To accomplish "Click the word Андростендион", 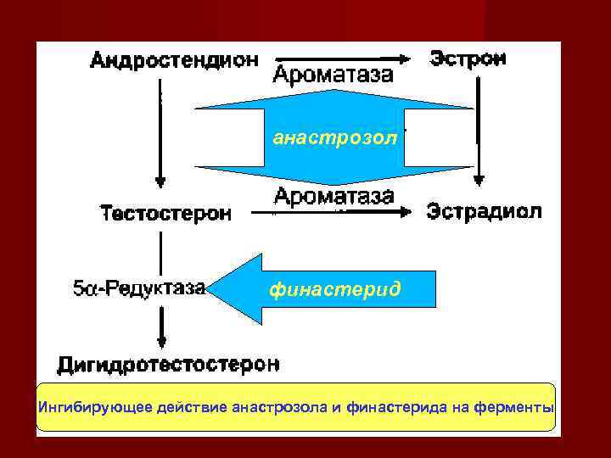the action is [x=173, y=62].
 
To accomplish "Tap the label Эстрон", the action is [x=468, y=59].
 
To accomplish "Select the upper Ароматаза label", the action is [x=334, y=75].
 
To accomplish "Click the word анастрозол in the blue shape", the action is [x=334, y=138].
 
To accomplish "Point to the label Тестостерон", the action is [x=166, y=213].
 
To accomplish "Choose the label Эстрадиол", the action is [x=484, y=211].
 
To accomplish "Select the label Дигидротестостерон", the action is [x=167, y=366].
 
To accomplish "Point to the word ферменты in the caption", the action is [x=520, y=407].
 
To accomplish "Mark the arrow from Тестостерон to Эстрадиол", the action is [x=339, y=212].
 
